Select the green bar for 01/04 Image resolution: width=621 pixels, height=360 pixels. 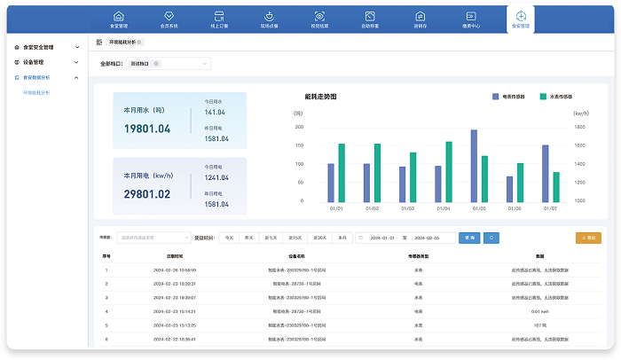[x=449, y=172]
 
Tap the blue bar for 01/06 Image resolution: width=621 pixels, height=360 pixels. [x=510, y=189]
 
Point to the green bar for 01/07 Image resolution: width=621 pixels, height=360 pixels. [x=556, y=187]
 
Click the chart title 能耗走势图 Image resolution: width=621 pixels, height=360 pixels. [x=320, y=96]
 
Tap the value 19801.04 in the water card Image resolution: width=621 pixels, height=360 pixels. [x=147, y=129]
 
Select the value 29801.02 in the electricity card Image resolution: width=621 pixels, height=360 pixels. [x=147, y=194]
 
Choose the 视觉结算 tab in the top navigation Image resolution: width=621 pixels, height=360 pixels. [x=318, y=20]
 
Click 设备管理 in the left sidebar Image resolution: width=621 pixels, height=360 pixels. [x=32, y=62]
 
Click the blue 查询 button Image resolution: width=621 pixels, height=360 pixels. [x=470, y=238]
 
